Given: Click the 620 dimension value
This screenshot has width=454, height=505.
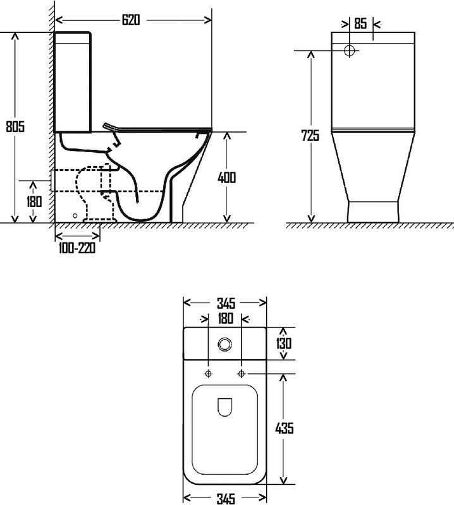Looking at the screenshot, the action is pos(131,20).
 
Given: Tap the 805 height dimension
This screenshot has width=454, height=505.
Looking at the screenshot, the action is pos(15,126).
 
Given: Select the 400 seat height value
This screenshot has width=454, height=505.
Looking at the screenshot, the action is pos(226,177).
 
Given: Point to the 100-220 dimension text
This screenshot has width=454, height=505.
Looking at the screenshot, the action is pos(77,248).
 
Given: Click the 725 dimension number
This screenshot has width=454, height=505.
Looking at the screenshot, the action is pos(310,136).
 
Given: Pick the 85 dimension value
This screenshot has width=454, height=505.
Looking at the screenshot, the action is pos(360,23).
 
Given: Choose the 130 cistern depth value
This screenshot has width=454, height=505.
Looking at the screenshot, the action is pos(284,343).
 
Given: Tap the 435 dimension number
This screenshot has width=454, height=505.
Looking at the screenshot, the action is pos(285,428).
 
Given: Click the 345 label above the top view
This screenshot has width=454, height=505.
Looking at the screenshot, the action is pos(226,303).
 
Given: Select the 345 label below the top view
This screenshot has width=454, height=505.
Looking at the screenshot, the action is pos(226,499).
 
